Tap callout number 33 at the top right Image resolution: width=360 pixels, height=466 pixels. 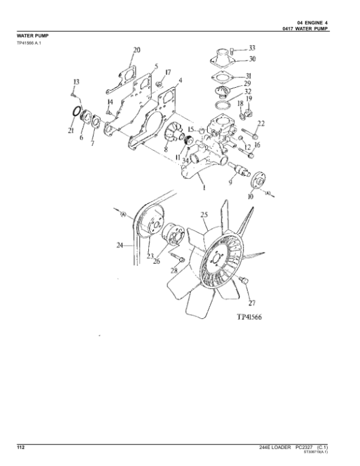click(x=252, y=47)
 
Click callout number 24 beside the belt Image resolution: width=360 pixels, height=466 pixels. click(x=120, y=245)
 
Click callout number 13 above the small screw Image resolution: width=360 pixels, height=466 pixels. click(x=76, y=82)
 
